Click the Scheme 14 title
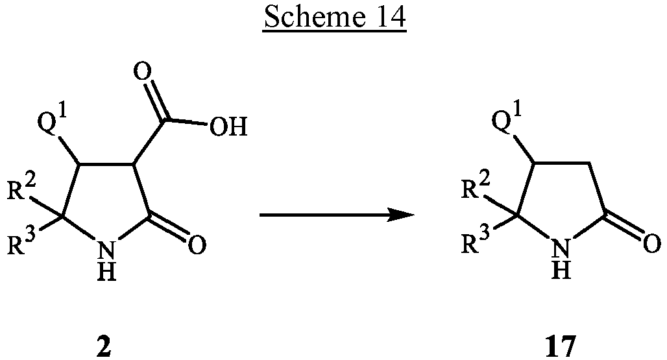point(333,18)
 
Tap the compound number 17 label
point(559,346)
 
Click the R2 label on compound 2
point(28,189)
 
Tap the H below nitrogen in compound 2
point(108,271)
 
